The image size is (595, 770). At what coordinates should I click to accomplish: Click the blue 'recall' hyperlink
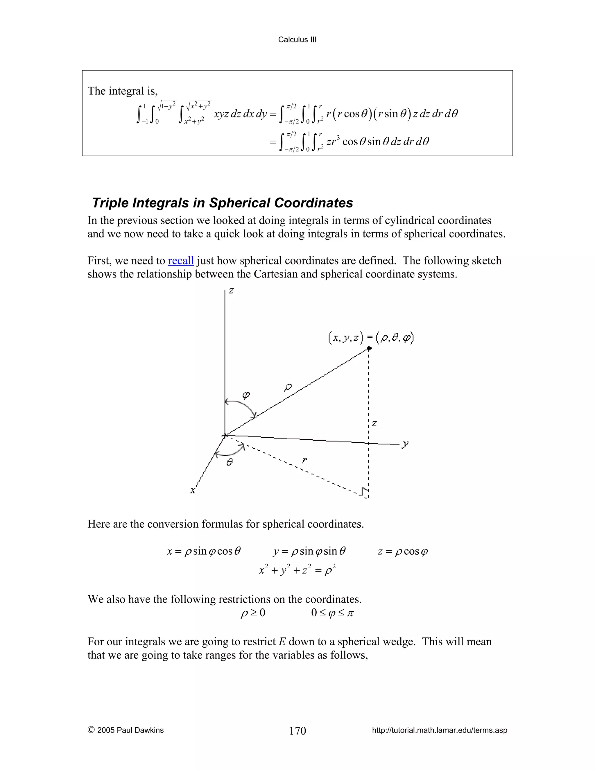(181, 261)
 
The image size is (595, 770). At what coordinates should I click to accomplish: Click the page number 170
(297, 730)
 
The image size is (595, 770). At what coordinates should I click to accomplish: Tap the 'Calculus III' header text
(297, 40)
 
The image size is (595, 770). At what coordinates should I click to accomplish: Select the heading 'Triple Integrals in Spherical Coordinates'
(223, 203)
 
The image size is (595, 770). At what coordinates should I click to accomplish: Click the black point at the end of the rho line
(369, 348)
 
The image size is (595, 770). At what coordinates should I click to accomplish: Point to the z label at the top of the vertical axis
(232, 291)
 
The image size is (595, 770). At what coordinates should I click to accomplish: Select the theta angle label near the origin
(230, 462)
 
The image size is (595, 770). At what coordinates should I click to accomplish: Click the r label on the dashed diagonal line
(304, 460)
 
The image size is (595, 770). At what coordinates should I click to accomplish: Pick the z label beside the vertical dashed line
(374, 423)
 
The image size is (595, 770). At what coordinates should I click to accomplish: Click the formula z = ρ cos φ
(403, 551)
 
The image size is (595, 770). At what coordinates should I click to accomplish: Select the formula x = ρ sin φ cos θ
(204, 551)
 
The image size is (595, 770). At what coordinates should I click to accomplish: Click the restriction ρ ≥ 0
(253, 613)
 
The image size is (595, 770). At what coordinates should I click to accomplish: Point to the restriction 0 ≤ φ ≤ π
(332, 613)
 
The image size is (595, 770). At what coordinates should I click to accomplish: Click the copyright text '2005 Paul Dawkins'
(126, 730)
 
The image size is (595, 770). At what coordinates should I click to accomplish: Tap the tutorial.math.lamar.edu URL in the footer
(440, 730)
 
